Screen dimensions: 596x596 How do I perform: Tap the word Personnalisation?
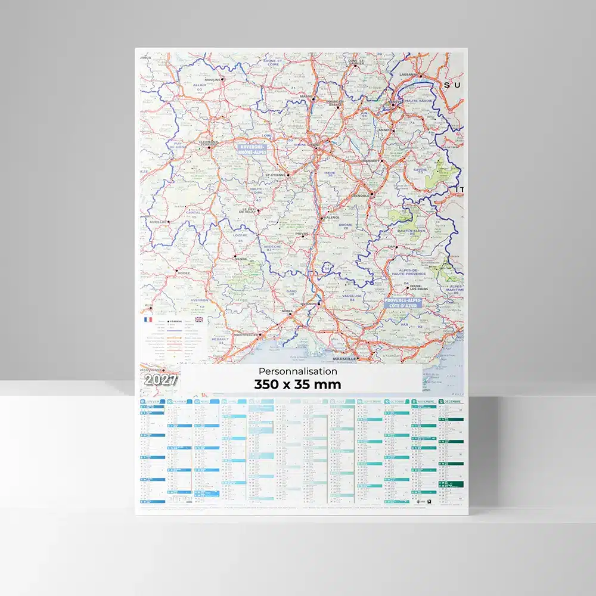(x=298, y=371)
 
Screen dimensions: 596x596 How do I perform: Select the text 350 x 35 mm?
(x=297, y=384)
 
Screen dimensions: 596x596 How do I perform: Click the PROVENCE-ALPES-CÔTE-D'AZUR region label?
(x=403, y=303)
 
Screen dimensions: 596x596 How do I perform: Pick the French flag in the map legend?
(x=147, y=319)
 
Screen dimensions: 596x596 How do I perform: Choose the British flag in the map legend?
(x=198, y=319)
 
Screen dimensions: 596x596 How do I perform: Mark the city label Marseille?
(x=344, y=359)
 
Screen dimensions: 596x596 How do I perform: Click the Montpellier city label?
(x=246, y=335)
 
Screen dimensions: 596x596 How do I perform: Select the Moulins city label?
(x=212, y=79)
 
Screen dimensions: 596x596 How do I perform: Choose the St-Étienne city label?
(x=276, y=175)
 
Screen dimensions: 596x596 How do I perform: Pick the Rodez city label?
(x=184, y=274)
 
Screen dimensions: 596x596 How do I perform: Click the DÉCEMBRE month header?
(x=454, y=402)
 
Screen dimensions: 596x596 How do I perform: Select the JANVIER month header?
(x=154, y=402)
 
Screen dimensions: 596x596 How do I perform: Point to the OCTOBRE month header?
(x=399, y=402)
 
